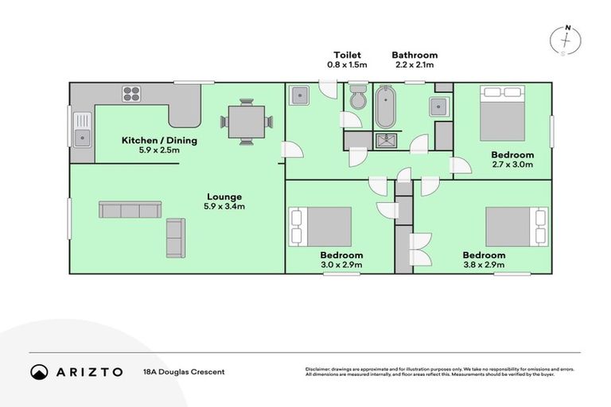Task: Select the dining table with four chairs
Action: coord(246,122)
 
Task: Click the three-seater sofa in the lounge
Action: coord(130,210)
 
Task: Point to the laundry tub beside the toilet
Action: coord(300,96)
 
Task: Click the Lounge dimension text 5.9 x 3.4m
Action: coord(225,207)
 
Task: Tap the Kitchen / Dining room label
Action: coord(159,141)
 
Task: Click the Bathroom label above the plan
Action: coord(414,55)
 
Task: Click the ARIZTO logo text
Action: coord(88,371)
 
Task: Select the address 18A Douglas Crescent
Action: coord(184,372)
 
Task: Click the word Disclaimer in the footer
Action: coord(318,369)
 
